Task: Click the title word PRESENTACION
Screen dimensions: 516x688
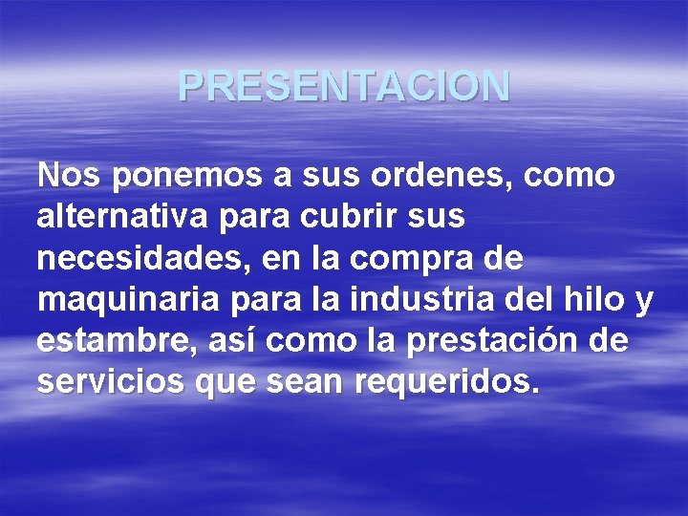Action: [344, 87]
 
